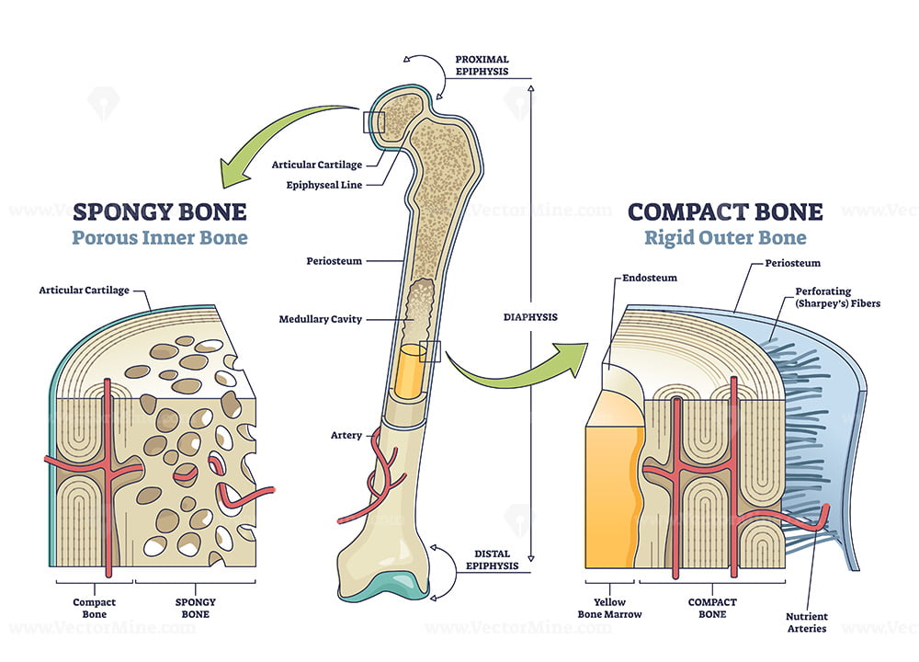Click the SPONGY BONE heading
point(159,211)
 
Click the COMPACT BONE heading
point(725,211)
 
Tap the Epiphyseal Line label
point(324,186)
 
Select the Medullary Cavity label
point(321,319)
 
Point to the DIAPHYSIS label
point(530,317)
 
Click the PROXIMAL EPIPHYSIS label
point(482,65)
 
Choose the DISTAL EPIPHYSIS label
point(492,559)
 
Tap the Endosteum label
point(650,278)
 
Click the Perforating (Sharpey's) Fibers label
point(837,297)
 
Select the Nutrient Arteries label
point(807,622)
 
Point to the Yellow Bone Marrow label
point(609,608)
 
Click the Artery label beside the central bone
point(346,435)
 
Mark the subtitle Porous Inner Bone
point(159,237)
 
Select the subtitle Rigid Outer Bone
point(725,237)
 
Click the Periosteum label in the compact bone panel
point(792,263)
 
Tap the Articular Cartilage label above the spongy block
point(84,291)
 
